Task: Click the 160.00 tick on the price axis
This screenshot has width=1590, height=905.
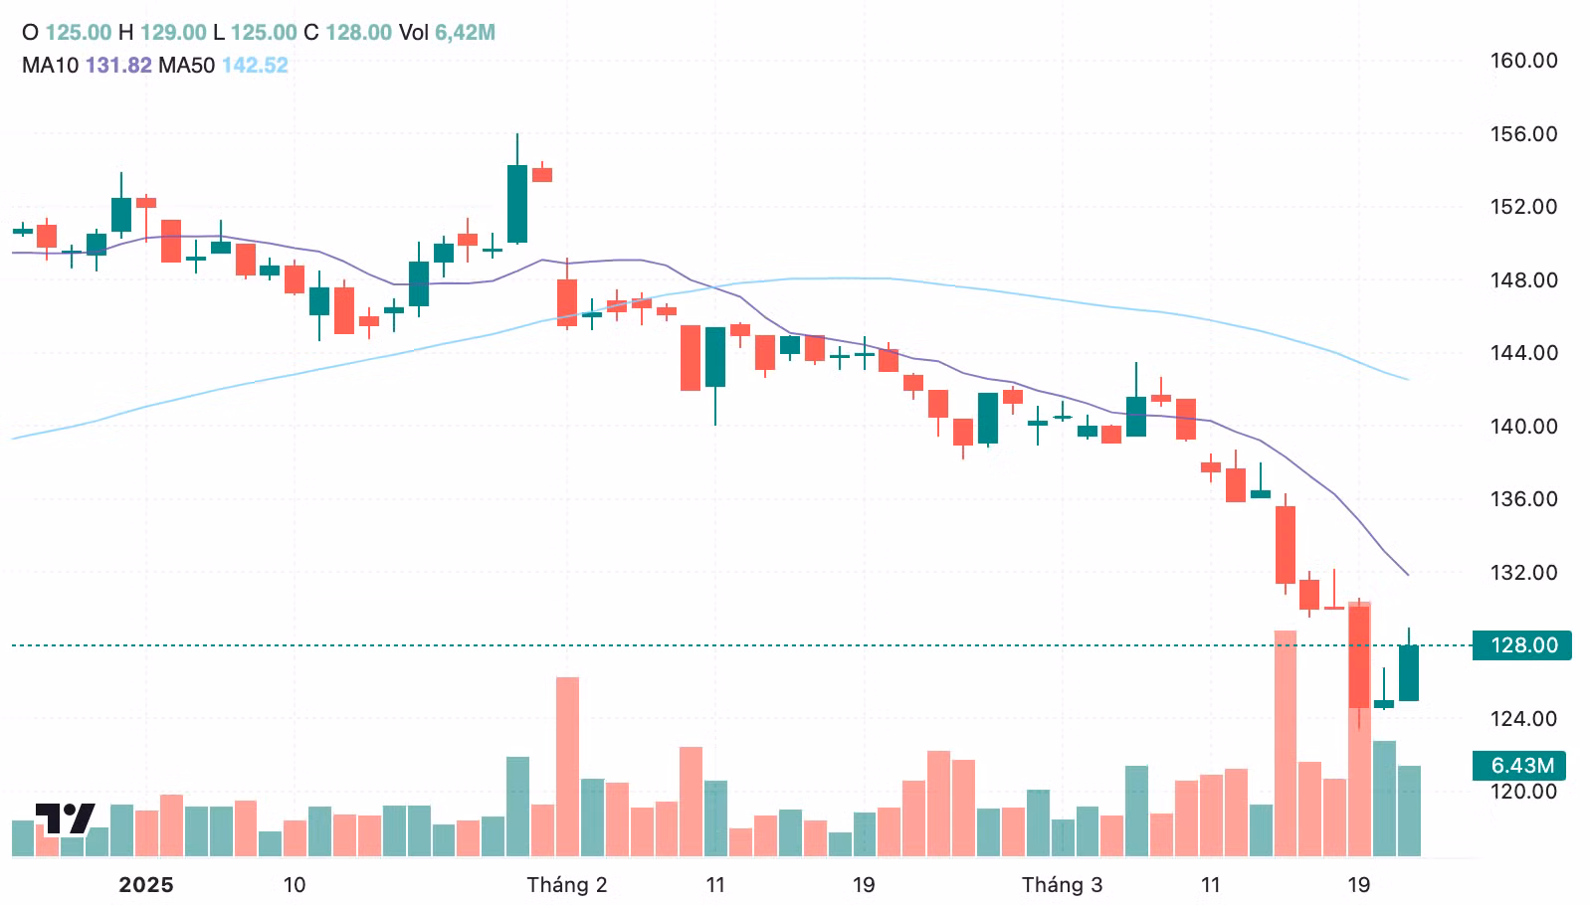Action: [1522, 61]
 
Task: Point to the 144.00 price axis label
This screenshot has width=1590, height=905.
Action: [1522, 353]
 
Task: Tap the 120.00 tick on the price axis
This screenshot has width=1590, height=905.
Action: [1522, 792]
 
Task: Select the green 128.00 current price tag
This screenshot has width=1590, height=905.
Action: [1522, 645]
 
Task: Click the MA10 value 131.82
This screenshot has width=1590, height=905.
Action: [118, 66]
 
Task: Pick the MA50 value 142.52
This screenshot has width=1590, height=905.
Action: [255, 66]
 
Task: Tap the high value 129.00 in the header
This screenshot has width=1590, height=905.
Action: [173, 33]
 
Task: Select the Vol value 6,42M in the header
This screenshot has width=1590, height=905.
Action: [465, 33]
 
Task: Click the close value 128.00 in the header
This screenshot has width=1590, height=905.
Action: [358, 33]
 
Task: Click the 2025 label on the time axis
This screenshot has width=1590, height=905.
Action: [145, 885]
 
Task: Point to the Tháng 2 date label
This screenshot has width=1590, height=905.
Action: [566, 885]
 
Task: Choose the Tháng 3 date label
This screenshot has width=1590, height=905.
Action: [1062, 885]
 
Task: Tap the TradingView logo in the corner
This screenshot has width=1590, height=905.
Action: [65, 818]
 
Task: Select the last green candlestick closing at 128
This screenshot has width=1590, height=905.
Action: [1409, 672]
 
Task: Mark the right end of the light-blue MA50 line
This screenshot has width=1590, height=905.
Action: [1408, 379]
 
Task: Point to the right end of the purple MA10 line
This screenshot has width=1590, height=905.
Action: [1408, 575]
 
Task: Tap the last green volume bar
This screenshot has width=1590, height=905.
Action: [1409, 811]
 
